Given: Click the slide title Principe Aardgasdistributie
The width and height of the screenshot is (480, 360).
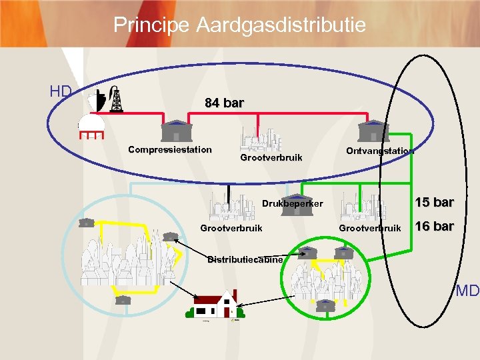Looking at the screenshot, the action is click(239, 25).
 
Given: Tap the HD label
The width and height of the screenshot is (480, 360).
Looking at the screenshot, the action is click(61, 91).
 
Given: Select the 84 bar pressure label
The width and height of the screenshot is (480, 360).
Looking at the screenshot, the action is click(224, 103).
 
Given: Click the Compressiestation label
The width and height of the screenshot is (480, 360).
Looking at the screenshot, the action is click(170, 149).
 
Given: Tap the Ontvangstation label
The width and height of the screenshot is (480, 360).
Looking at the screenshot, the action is click(380, 151).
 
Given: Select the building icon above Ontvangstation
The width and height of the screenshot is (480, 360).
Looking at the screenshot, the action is click(373, 130).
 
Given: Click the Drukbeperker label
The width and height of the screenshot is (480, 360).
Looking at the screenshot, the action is click(293, 203).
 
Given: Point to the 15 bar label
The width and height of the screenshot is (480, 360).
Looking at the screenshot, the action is click(435, 203).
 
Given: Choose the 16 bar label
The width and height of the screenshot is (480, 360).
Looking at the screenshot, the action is click(435, 226).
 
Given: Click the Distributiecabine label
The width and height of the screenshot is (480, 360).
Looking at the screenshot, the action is click(245, 259).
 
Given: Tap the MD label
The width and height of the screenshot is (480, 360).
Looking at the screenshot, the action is click(468, 291).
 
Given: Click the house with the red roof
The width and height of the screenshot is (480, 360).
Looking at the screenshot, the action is click(215, 305).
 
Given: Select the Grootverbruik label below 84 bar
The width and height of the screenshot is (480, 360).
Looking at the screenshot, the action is click(271, 158).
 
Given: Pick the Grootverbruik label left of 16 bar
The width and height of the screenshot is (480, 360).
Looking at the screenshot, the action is click(370, 228).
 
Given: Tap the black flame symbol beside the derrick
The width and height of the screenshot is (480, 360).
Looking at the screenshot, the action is click(101, 99).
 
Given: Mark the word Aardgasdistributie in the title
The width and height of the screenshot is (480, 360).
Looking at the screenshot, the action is click(281, 25).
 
